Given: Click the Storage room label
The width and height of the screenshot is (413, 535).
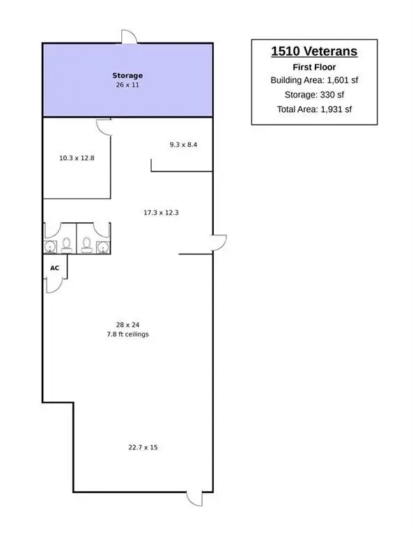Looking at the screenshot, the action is [127, 75].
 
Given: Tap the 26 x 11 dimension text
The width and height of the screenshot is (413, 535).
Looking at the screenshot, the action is [127, 84].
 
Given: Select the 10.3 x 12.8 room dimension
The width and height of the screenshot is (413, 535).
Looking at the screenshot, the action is [77, 158].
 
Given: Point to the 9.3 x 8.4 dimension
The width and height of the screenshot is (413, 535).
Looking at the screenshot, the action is [183, 145].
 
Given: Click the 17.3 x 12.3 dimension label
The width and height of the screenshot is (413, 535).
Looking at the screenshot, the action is [161, 212].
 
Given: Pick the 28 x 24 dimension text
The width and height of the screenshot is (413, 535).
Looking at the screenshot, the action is [127, 325].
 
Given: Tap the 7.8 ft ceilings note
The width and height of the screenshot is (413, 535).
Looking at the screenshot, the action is [127, 334].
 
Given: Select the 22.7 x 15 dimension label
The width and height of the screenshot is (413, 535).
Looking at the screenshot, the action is [143, 447].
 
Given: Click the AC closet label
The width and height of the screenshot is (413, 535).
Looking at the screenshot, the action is [54, 268].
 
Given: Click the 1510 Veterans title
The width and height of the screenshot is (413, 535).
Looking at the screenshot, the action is [314, 51].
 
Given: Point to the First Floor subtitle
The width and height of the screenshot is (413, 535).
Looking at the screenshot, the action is [314, 67].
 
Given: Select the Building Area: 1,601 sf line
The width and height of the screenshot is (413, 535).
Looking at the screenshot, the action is [314, 80].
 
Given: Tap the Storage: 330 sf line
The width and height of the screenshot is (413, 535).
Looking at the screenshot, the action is [314, 95].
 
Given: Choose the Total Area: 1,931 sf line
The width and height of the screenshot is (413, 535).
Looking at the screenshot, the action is [314, 109].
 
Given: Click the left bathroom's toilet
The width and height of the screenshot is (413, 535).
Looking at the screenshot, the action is [66, 246].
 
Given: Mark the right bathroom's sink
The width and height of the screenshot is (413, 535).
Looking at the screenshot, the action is [103, 247].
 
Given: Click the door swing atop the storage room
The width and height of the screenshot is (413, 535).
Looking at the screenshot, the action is [130, 36].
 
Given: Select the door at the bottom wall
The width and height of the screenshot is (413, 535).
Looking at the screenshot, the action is [194, 499].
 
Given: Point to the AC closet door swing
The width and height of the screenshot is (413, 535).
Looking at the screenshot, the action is [54, 286].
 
